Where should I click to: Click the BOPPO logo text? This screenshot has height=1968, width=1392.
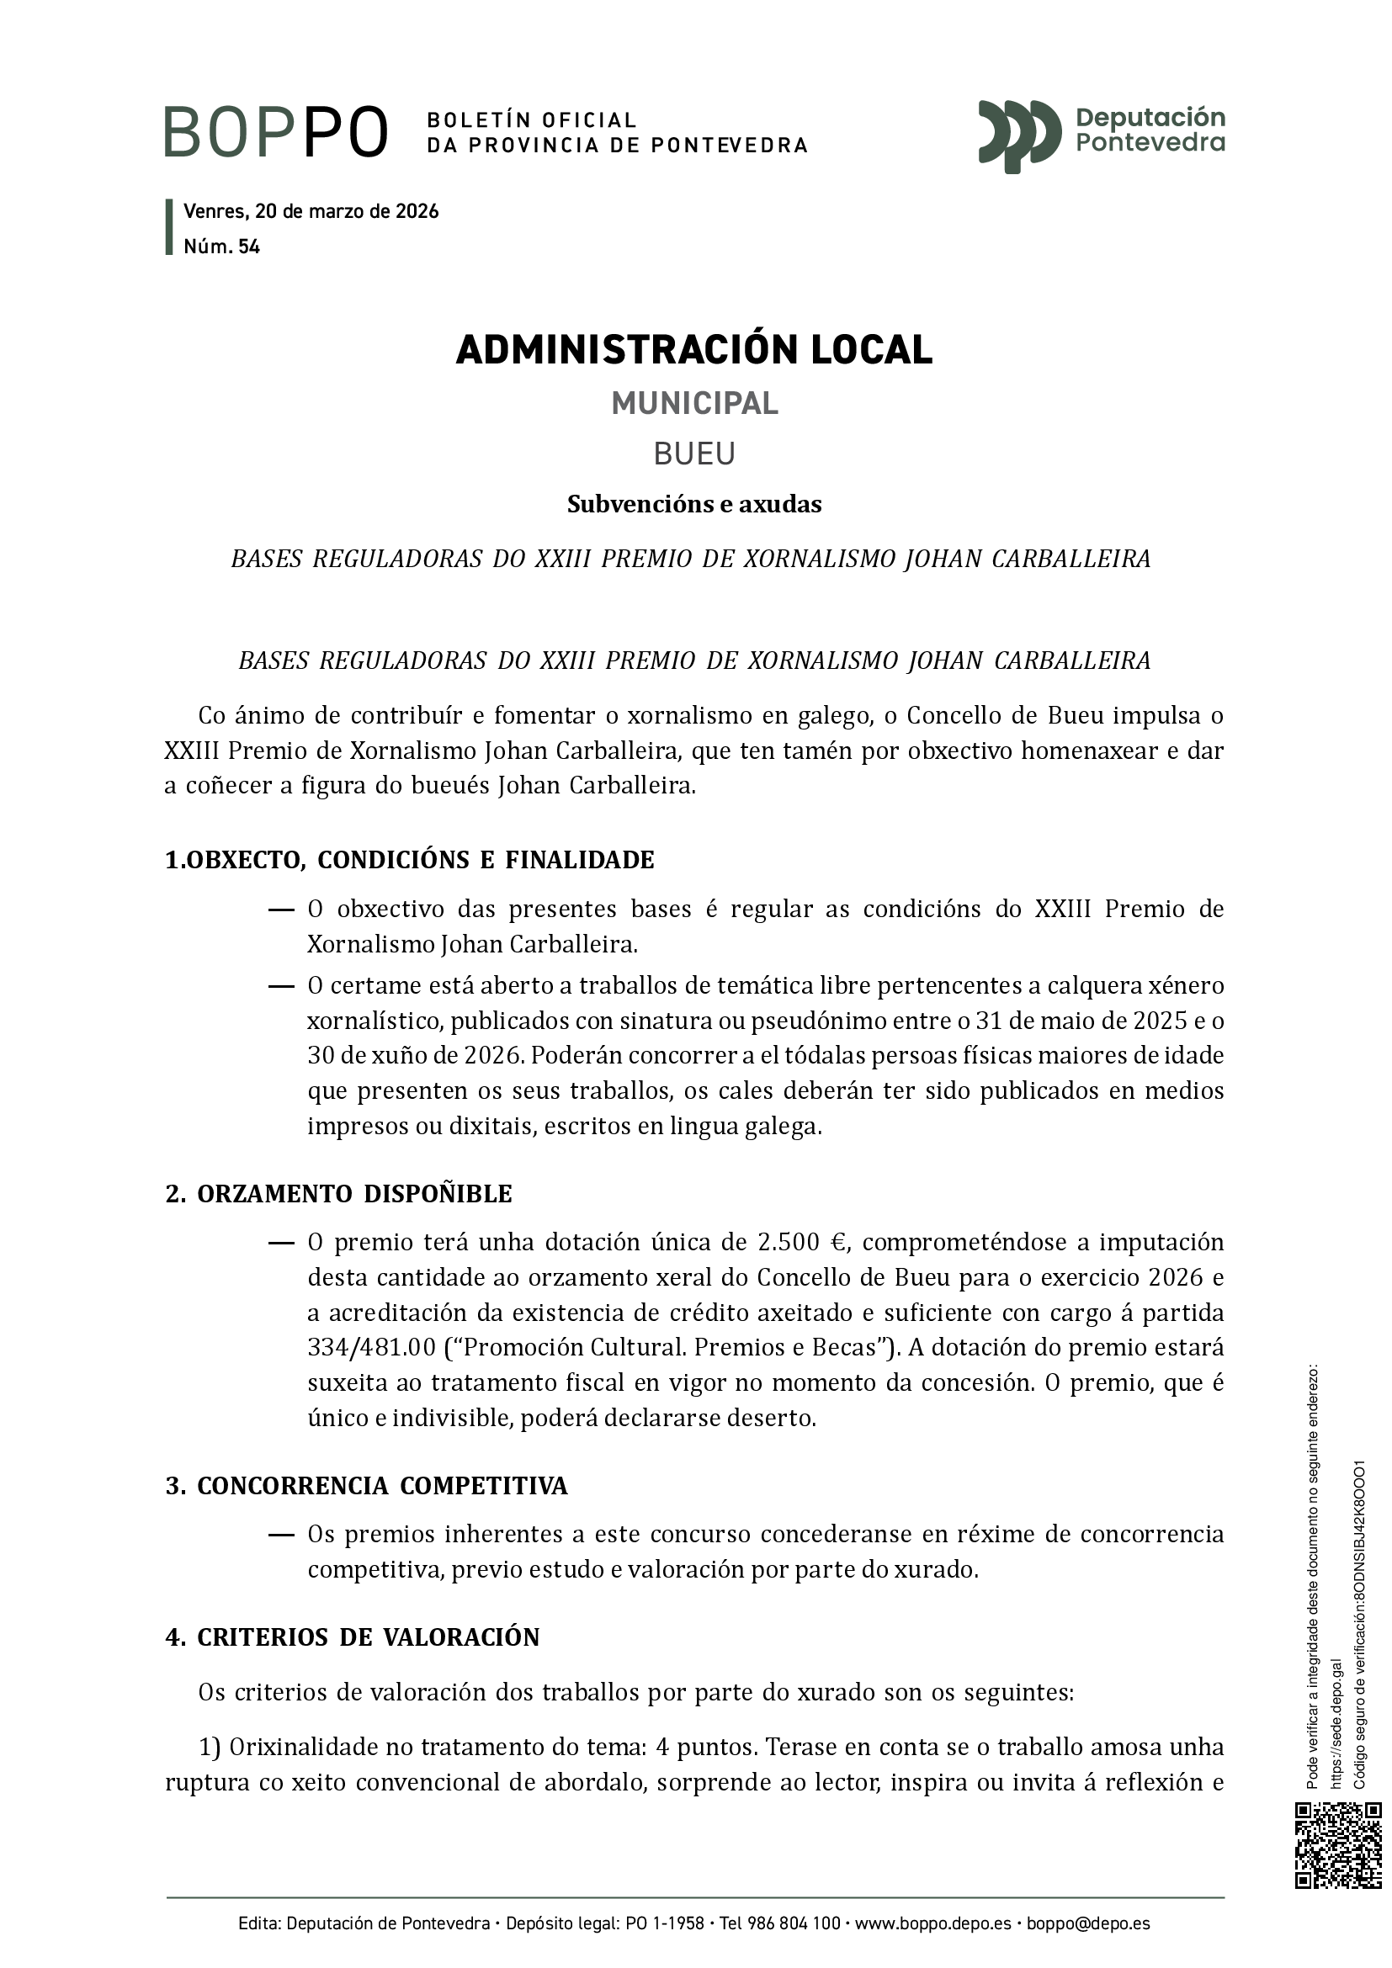pos(276,133)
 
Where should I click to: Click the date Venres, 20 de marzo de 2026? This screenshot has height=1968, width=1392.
pos(311,212)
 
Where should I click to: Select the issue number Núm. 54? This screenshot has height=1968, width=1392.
pos(221,247)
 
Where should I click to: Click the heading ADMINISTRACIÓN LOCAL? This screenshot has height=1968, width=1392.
pos(694,350)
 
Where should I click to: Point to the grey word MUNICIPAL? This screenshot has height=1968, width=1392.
pos(694,404)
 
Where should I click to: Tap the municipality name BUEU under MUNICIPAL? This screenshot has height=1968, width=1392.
pos(694,454)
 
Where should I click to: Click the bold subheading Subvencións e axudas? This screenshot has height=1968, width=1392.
pos(694,505)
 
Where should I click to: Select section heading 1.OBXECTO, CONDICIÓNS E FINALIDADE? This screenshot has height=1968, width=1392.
pos(410,860)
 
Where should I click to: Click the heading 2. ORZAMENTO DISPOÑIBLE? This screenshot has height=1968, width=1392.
pos(338,1194)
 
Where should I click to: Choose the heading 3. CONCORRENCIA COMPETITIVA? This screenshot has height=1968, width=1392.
pos(366,1486)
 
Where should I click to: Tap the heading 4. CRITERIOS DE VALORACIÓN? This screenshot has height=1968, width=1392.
pos(353,1637)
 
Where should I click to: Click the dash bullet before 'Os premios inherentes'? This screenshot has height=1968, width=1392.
pos(281,1535)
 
